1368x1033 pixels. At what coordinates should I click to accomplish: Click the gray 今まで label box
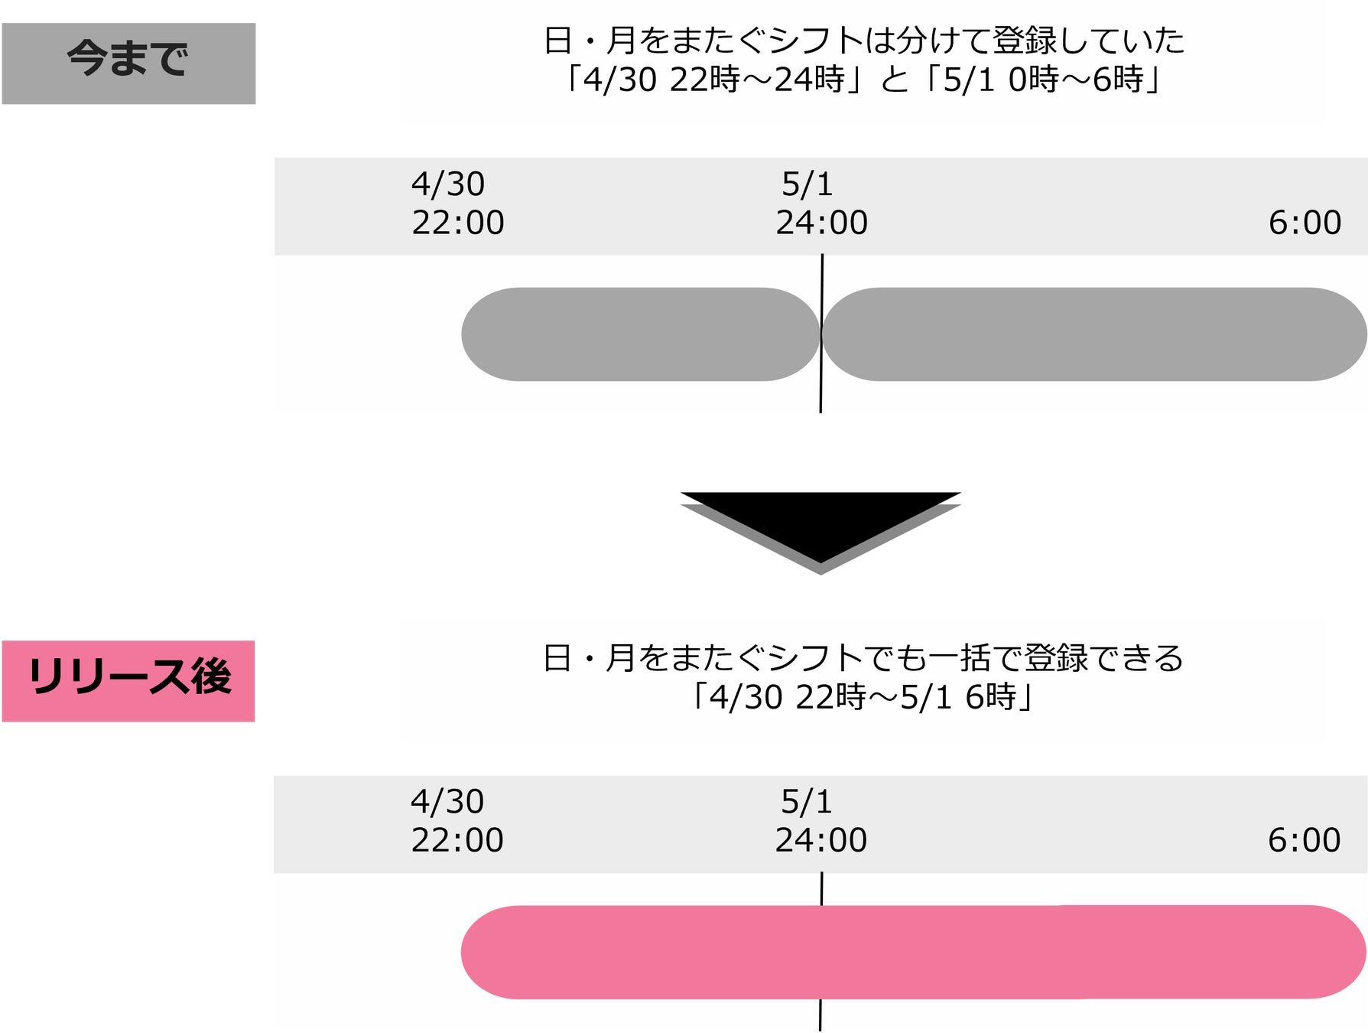[128, 63]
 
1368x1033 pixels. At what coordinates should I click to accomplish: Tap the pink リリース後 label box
[128, 680]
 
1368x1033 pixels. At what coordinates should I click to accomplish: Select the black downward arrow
[820, 528]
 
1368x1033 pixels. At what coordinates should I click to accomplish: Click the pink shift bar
[913, 952]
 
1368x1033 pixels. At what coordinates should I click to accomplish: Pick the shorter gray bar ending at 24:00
[640, 334]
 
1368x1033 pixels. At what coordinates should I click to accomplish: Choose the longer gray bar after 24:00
[1094, 334]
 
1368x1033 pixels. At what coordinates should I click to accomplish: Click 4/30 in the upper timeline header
[448, 184]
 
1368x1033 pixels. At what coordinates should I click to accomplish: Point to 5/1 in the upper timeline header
[807, 184]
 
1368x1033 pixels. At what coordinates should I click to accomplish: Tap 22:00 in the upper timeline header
[458, 223]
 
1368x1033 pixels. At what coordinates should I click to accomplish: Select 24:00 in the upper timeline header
[822, 223]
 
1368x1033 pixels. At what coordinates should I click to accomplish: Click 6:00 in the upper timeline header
[1305, 223]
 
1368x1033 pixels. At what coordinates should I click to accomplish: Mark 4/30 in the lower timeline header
[447, 802]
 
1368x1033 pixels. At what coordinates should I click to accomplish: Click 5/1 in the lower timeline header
[806, 802]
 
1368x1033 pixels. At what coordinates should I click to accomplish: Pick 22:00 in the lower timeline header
[457, 840]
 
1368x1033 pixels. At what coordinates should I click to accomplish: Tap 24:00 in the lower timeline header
[821, 840]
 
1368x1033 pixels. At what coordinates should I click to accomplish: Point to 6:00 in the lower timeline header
[1304, 840]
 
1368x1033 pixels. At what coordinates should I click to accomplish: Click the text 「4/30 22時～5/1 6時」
[863, 697]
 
